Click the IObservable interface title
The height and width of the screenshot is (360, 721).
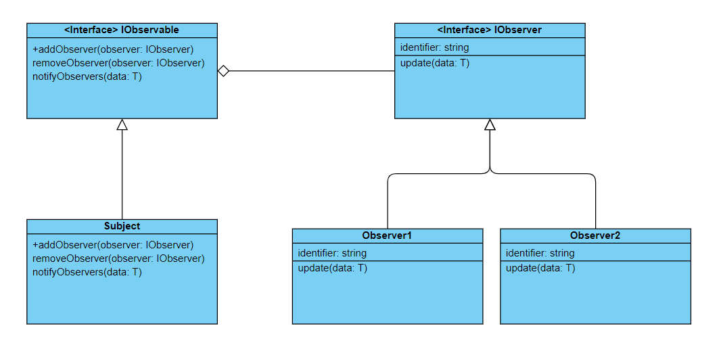(x=122, y=30)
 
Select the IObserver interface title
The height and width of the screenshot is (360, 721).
(x=490, y=30)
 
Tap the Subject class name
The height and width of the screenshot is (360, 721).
(x=122, y=226)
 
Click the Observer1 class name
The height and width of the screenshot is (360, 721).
(x=387, y=235)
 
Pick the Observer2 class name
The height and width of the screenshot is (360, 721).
(x=595, y=235)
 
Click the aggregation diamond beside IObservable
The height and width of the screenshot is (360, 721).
(x=224, y=70)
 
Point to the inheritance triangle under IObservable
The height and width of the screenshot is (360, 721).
(x=122, y=125)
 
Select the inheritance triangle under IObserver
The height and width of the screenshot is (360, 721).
(x=490, y=125)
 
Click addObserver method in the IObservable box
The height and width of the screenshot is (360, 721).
(x=113, y=49)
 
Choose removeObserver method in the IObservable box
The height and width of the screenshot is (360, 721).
(x=118, y=63)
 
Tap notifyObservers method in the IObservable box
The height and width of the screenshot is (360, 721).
(x=87, y=76)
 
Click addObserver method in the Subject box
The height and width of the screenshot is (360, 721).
(x=113, y=245)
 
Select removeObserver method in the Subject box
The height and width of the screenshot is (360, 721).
(x=118, y=258)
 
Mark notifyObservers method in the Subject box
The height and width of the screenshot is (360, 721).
(x=87, y=272)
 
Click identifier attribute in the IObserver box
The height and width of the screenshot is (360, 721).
(x=434, y=47)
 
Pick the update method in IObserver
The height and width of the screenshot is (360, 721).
(x=435, y=63)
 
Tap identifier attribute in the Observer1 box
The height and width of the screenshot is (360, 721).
(x=332, y=253)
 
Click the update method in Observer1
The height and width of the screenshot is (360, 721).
(x=333, y=268)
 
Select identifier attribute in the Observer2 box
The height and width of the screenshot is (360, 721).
(x=540, y=253)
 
